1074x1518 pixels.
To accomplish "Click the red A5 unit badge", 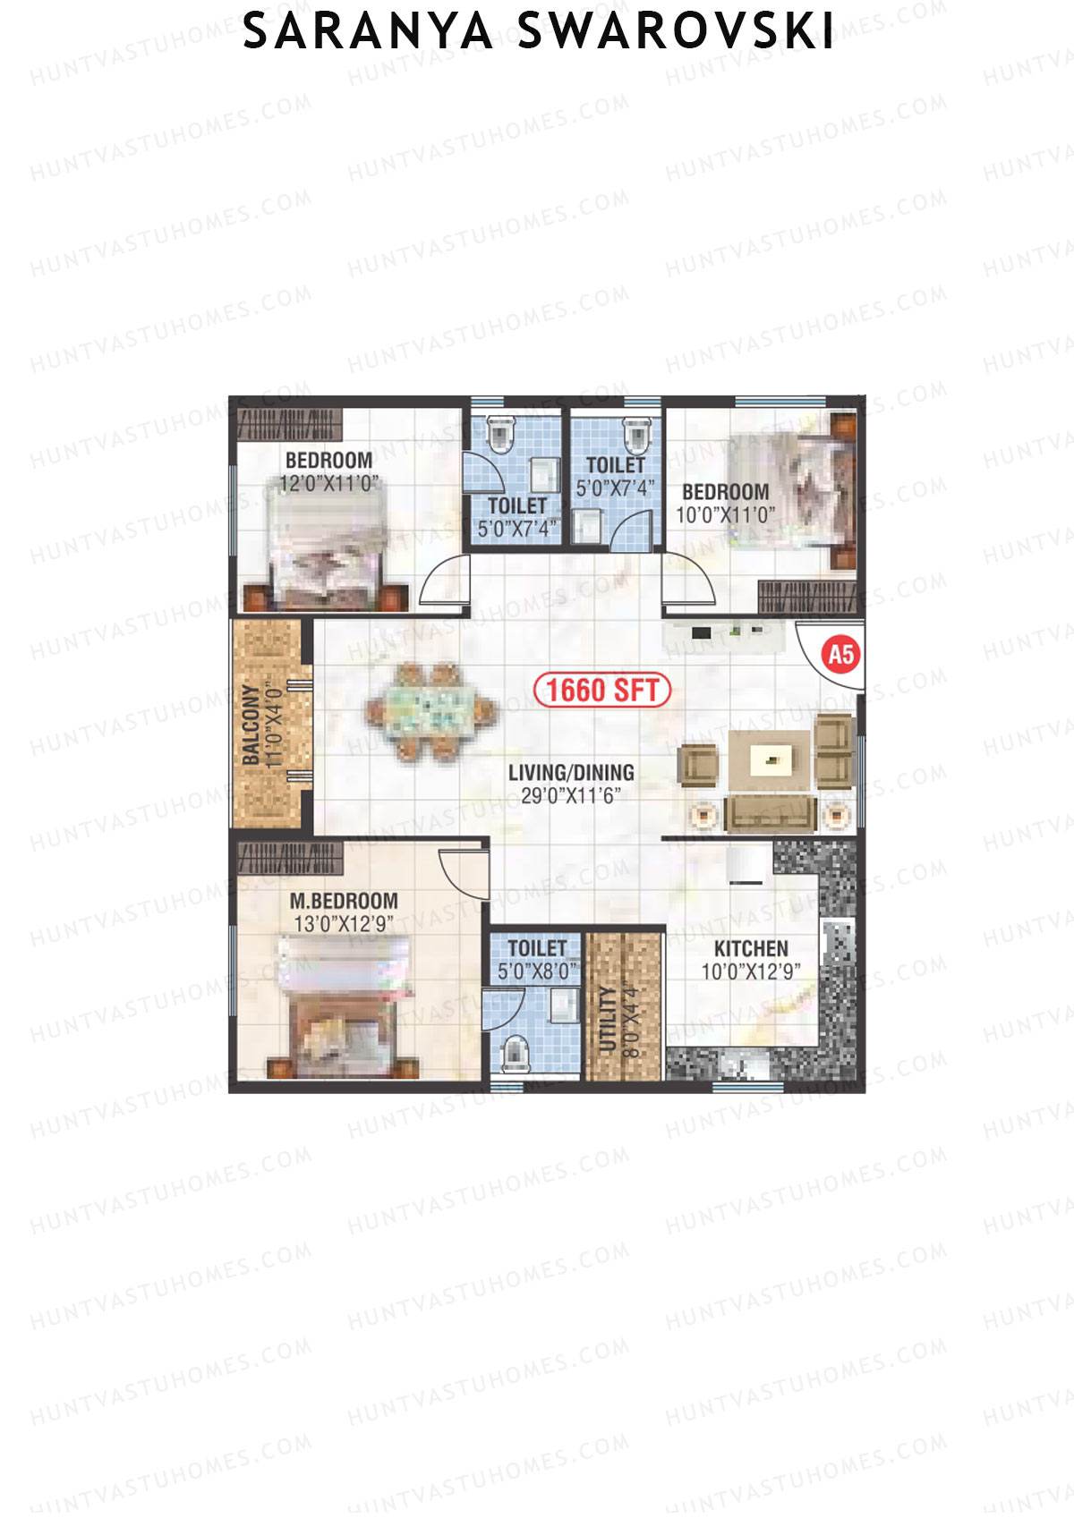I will (x=840, y=654).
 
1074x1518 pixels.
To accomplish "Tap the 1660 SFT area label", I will (x=602, y=690).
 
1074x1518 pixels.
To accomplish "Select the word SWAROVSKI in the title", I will (x=676, y=32).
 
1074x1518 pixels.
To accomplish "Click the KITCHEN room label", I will (x=751, y=948).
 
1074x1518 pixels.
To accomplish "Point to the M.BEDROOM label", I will (x=344, y=901).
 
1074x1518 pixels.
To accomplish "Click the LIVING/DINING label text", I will (x=571, y=772).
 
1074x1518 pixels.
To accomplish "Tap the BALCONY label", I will (x=251, y=725).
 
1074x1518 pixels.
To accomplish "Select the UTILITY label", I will (x=609, y=1019).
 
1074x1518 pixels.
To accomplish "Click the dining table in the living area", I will (x=431, y=711).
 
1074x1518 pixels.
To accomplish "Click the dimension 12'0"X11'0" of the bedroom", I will (x=329, y=484).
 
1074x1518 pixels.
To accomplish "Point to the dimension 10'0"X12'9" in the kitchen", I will (x=751, y=971).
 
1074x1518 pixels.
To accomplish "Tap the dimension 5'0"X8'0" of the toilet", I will (x=537, y=971).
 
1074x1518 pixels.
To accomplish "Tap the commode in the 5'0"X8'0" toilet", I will (x=515, y=1052).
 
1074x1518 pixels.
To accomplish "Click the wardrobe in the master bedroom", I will (x=288, y=859).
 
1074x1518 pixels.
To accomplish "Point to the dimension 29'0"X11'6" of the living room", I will (x=571, y=795).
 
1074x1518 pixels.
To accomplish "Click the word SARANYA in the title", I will (x=368, y=32).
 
